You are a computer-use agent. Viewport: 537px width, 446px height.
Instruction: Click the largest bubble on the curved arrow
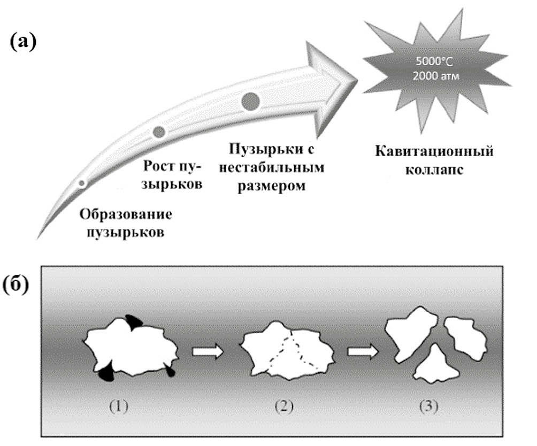251,100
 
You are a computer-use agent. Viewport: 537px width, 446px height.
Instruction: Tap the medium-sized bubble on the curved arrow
159,131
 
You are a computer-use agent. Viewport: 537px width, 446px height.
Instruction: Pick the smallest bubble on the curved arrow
81,183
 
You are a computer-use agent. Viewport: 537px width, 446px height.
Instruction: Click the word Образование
126,215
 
